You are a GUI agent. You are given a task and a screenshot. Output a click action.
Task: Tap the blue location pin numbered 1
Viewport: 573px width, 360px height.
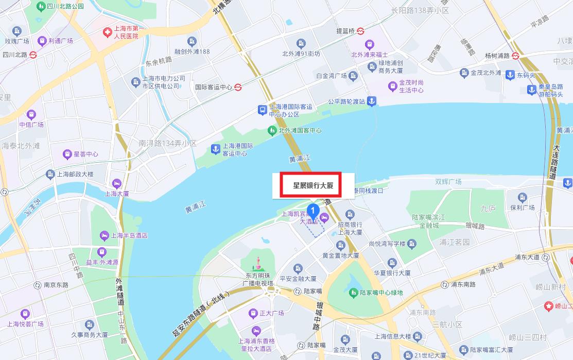click(x=312, y=210)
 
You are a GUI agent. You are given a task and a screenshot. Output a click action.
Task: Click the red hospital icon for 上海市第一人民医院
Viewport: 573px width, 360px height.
click(x=107, y=32)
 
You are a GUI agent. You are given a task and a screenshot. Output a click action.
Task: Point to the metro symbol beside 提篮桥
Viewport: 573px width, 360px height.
click(x=361, y=31)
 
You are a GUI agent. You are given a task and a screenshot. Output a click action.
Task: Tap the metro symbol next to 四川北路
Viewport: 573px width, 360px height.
click(x=33, y=54)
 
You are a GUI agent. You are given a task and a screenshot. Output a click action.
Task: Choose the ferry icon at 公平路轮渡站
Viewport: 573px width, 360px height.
click(x=372, y=101)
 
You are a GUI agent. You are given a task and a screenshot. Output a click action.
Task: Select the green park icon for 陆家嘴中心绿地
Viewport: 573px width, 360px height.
click(x=353, y=293)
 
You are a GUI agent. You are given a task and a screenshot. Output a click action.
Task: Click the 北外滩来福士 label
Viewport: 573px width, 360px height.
click(x=369, y=54)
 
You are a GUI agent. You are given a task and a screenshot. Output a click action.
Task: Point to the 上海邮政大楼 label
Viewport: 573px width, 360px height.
click(x=75, y=174)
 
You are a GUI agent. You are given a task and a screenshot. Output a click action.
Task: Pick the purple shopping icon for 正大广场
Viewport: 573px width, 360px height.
click(x=253, y=313)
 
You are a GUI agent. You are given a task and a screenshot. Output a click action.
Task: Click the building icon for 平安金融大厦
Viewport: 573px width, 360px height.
click(x=298, y=268)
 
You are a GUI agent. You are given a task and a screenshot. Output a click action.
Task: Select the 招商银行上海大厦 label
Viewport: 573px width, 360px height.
click(x=350, y=228)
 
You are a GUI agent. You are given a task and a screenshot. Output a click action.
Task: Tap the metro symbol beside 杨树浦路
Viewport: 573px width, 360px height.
click(x=516, y=56)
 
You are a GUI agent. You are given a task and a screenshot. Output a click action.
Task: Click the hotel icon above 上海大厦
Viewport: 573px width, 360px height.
click(x=117, y=183)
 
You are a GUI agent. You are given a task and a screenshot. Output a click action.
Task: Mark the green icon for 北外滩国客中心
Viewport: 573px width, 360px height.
click(x=272, y=130)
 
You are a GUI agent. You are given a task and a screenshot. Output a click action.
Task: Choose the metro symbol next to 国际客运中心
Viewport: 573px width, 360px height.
click(x=238, y=87)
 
